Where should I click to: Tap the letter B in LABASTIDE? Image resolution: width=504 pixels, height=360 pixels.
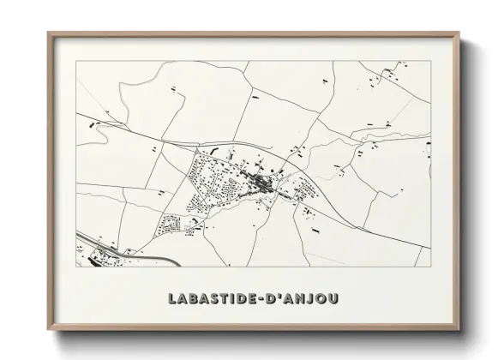195,299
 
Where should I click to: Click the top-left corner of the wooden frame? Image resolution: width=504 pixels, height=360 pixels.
48,33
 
